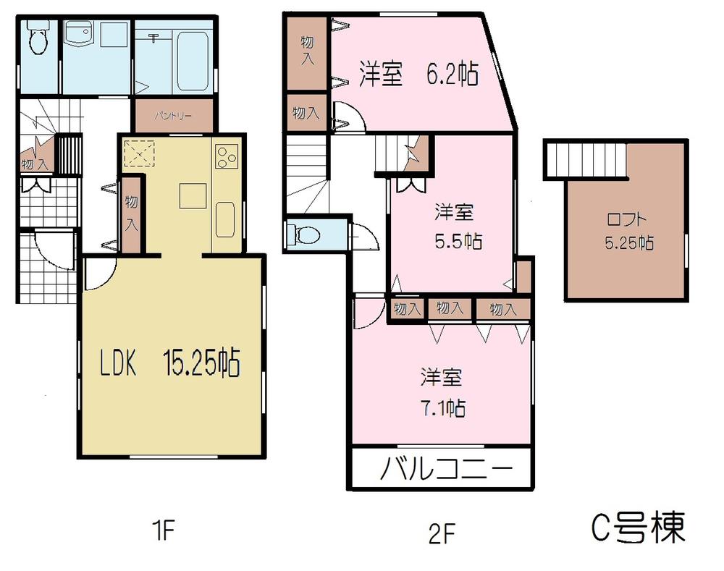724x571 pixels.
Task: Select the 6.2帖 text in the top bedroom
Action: (449, 75)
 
